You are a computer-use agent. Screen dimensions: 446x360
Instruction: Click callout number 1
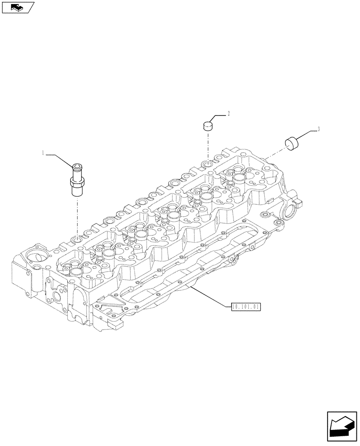point(43,153)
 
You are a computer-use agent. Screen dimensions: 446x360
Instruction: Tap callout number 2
point(229,114)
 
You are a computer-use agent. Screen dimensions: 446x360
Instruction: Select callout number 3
point(319,129)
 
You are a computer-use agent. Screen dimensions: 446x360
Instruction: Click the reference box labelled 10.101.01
point(245,307)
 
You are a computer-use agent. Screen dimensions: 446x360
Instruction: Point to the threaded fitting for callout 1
point(77,180)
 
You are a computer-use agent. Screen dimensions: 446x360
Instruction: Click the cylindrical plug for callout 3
point(292,144)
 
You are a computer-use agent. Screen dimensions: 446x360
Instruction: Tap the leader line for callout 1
point(58,155)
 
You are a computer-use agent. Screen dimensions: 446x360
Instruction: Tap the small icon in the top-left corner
point(18,7)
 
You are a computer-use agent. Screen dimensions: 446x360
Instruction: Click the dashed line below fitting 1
point(77,216)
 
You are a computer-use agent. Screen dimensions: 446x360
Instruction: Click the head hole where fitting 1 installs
point(78,241)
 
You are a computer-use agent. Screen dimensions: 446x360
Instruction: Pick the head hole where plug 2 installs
point(208,165)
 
